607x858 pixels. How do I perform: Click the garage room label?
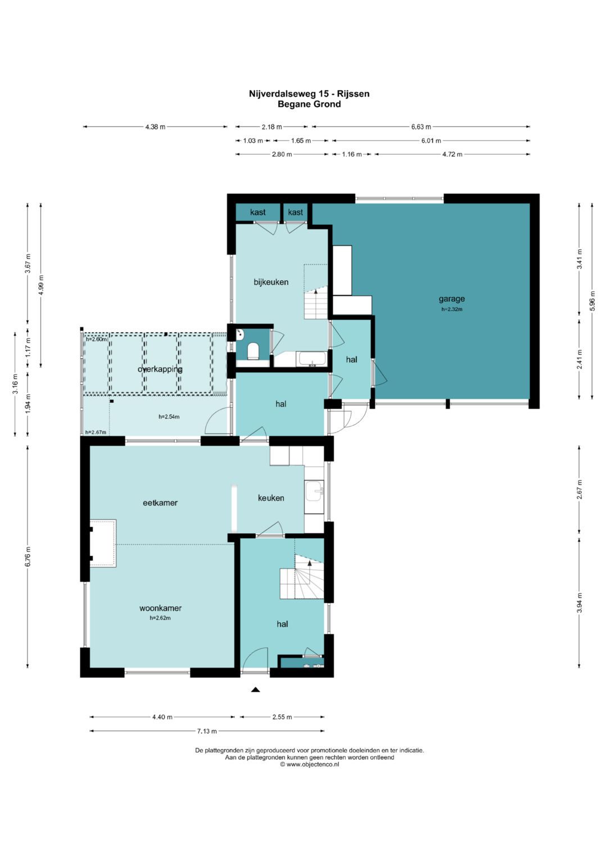click(452, 299)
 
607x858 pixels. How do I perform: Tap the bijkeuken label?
click(271, 282)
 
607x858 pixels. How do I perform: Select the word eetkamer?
click(160, 503)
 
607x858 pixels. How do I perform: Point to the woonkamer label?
click(160, 609)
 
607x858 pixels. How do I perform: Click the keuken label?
click(271, 498)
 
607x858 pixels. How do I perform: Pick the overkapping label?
click(160, 369)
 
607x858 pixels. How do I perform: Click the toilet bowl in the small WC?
click(253, 351)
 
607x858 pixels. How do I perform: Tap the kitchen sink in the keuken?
click(314, 492)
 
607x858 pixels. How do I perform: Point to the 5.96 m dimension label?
click(592, 301)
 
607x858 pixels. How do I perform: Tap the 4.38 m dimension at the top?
click(155, 127)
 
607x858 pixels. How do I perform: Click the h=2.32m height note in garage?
click(452, 309)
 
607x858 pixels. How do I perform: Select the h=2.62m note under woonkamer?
click(160, 618)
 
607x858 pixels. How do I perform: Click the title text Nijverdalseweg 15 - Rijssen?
click(309, 94)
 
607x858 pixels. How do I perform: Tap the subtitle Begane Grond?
click(309, 104)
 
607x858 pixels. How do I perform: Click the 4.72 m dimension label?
click(452, 155)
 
